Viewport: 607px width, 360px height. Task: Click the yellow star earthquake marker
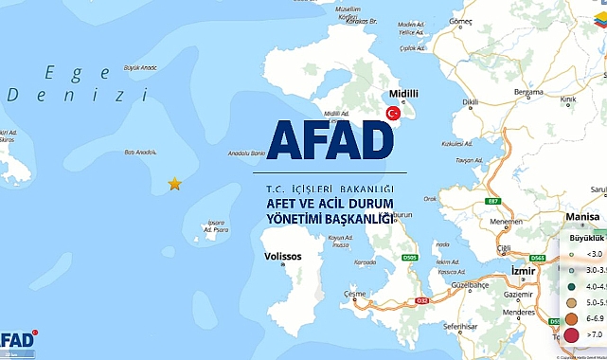pyautogui.click(x=174, y=184)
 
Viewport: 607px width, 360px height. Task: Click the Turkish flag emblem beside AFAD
pyautogui.click(x=390, y=113)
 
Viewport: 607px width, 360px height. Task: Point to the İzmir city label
pyautogui.click(x=523, y=271)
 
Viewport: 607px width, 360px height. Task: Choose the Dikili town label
pyautogui.click(x=471, y=101)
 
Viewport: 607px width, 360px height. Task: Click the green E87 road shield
pyautogui.click(x=491, y=202)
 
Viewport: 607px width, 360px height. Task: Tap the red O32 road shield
pyautogui.click(x=423, y=302)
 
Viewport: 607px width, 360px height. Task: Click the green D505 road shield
pyautogui.click(x=409, y=257)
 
